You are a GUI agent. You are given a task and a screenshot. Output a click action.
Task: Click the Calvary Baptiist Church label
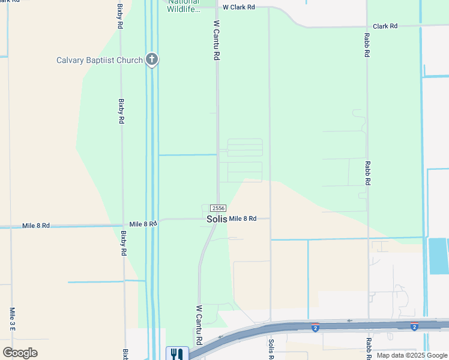(x=99, y=60)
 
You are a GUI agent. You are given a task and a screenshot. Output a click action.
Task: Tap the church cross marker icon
(x=152, y=59)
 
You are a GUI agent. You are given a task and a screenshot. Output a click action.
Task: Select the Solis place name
(x=217, y=219)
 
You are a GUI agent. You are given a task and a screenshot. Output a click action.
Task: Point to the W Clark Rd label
(x=239, y=7)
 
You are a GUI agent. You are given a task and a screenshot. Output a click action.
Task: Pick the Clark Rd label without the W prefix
(x=385, y=26)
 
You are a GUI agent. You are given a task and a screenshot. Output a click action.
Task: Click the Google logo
(x=20, y=353)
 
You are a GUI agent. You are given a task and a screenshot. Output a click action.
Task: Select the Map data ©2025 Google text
(x=411, y=355)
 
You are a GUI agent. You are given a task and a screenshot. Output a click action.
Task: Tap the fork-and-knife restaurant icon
(x=177, y=354)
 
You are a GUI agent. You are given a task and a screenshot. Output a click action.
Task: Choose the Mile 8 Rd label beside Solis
(x=243, y=219)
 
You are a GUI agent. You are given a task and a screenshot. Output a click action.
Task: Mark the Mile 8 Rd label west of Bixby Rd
(x=36, y=226)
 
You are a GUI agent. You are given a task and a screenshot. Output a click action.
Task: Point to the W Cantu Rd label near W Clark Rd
(x=217, y=40)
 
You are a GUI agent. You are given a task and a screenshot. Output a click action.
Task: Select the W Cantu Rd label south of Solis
(x=199, y=324)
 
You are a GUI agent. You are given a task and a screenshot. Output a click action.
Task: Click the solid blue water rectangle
(x=438, y=256)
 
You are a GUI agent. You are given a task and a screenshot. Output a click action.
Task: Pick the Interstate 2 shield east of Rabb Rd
(x=414, y=327)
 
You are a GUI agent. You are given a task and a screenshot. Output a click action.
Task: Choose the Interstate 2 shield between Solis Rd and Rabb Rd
(x=315, y=327)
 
